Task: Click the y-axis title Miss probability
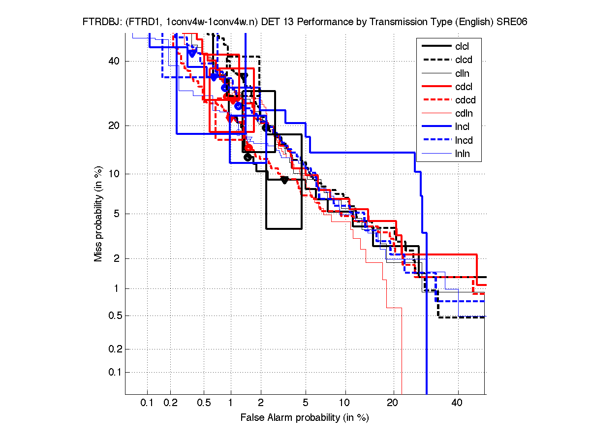click(x=99, y=214)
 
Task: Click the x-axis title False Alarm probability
click(x=305, y=417)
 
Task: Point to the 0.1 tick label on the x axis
click(x=147, y=403)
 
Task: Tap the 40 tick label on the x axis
click(x=458, y=403)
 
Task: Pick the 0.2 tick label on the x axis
click(x=171, y=403)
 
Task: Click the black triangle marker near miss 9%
click(x=284, y=180)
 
